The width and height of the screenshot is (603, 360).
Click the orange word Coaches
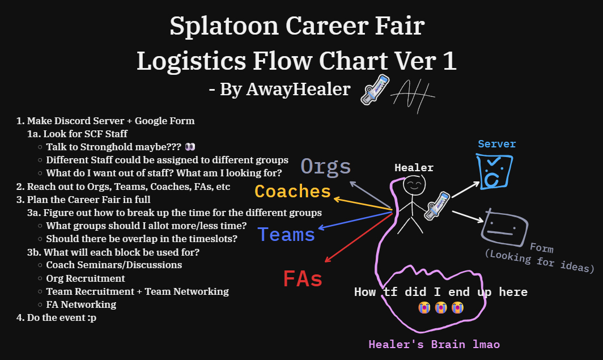tap(292, 191)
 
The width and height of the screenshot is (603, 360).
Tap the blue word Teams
tap(286, 234)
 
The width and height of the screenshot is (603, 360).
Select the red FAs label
tap(303, 279)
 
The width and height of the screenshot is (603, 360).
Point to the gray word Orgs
tap(326, 166)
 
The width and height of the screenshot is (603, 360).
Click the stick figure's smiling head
tap(413, 185)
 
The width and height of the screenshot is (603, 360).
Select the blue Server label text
tap(496, 144)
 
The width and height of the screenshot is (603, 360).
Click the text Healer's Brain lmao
tap(434, 344)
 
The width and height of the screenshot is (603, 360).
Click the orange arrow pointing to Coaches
tap(363, 205)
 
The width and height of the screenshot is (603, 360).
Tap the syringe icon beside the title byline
tap(375, 90)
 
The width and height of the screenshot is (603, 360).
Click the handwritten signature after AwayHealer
tap(415, 91)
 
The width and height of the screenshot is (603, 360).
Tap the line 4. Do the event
tap(56, 317)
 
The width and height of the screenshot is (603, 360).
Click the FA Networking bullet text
tap(81, 304)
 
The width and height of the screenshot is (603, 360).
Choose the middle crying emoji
tap(441, 308)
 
